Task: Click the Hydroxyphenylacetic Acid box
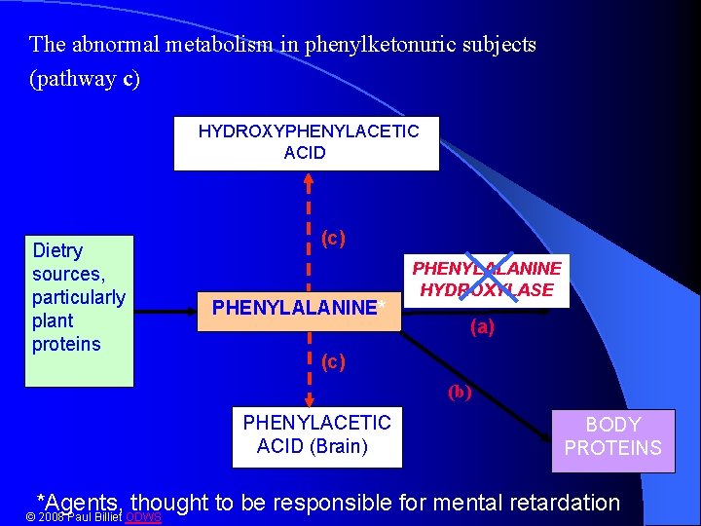click(x=306, y=142)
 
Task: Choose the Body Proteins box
click(x=612, y=436)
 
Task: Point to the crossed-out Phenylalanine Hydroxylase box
click(x=487, y=279)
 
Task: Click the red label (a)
click(x=482, y=328)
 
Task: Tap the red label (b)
click(x=459, y=393)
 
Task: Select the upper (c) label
click(x=333, y=238)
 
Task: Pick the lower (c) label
click(x=333, y=361)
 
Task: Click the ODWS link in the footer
click(x=144, y=516)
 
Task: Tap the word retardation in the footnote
click(x=562, y=503)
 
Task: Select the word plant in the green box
click(x=53, y=320)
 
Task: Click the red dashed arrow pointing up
click(x=309, y=224)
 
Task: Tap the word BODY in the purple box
click(x=612, y=425)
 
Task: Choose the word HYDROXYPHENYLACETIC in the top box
click(x=308, y=131)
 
